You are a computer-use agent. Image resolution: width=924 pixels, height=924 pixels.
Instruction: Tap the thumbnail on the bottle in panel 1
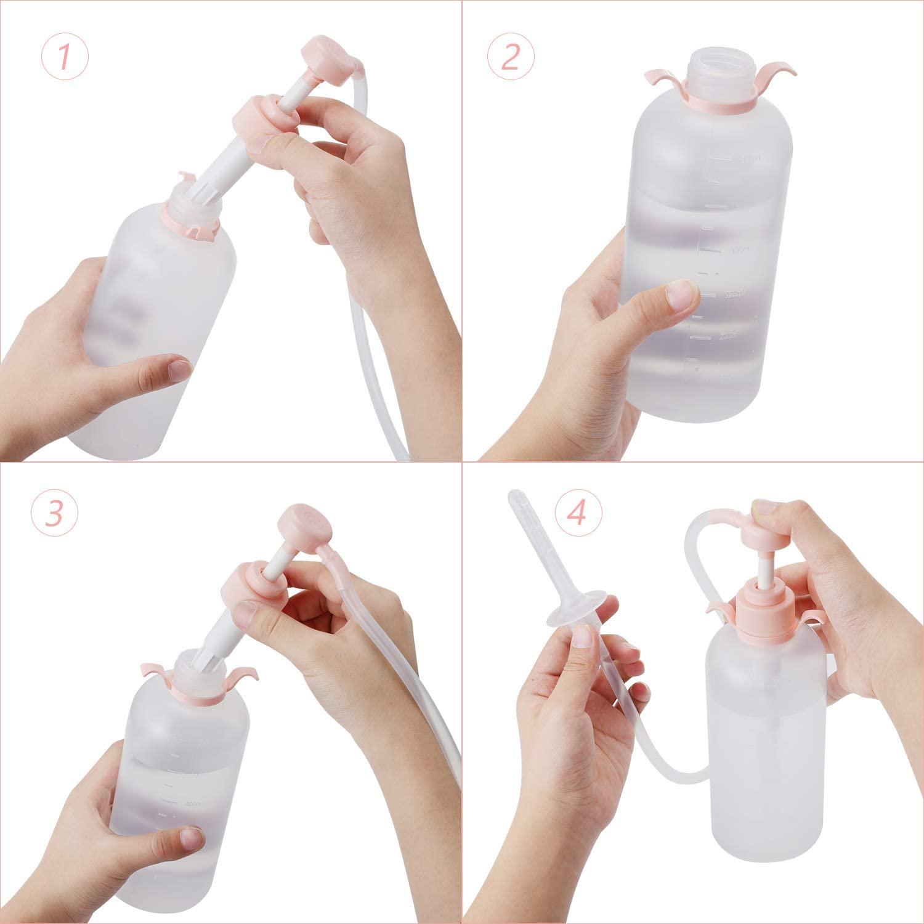(180, 370)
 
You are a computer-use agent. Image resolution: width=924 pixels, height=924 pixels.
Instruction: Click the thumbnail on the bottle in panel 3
(192, 837)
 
